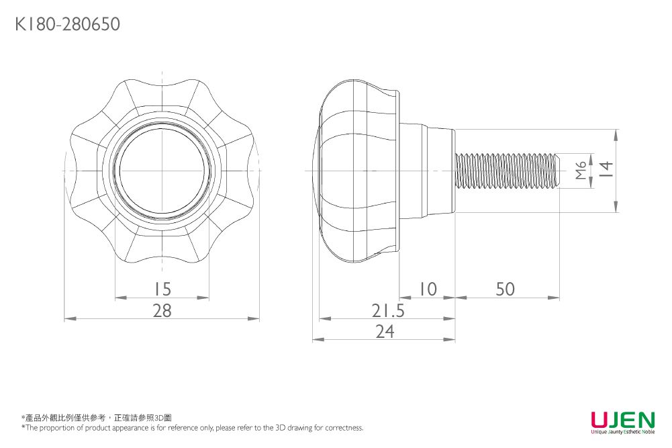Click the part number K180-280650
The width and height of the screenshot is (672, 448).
click(x=67, y=25)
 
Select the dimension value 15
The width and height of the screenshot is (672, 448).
click(x=162, y=289)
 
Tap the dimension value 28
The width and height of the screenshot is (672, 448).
click(x=162, y=311)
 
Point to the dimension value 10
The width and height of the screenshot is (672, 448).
click(x=427, y=289)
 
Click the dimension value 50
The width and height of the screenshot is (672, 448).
click(x=505, y=289)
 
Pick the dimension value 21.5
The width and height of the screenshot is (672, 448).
click(x=388, y=311)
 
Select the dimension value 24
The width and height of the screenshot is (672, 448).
click(x=384, y=332)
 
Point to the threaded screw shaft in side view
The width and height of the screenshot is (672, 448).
click(x=507, y=171)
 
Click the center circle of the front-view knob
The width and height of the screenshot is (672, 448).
click(x=162, y=171)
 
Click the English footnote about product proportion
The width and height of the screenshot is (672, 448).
click(x=192, y=428)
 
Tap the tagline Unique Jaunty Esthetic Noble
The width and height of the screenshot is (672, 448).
click(x=622, y=433)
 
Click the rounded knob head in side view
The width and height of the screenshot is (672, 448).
click(x=356, y=171)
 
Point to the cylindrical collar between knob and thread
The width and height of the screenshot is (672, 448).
click(x=427, y=171)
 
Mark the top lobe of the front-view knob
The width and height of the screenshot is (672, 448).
click(x=162, y=94)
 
